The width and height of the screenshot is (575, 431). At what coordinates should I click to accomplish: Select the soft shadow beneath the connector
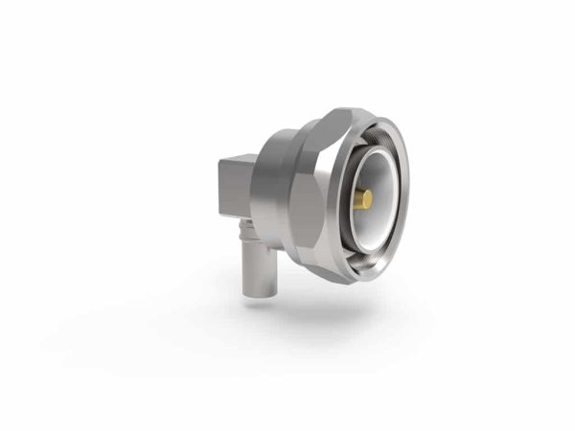316,306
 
